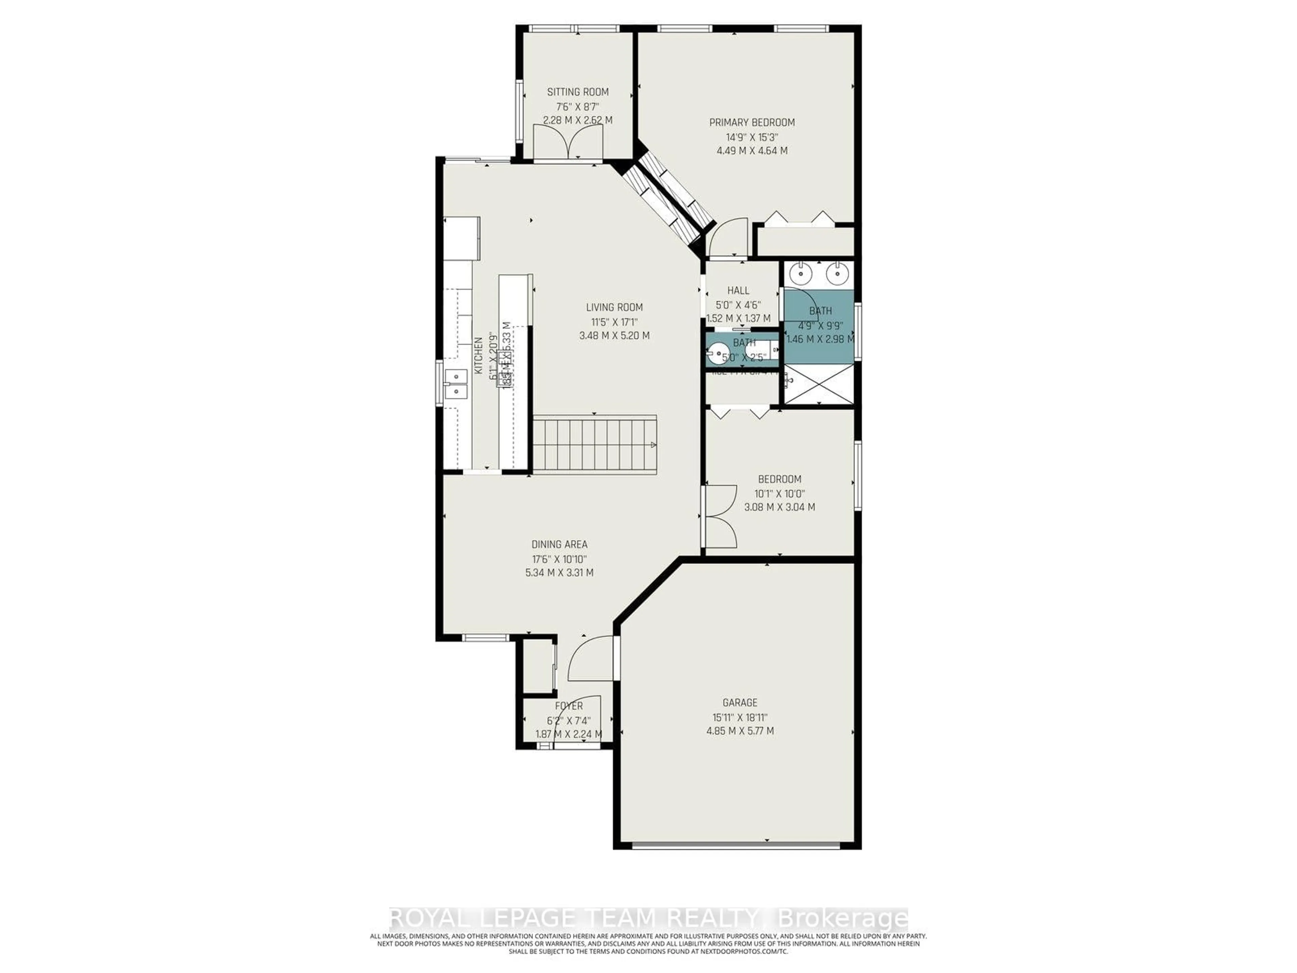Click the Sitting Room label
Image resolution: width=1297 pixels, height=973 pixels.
(x=578, y=92)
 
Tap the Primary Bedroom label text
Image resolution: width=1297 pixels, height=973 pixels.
(x=752, y=123)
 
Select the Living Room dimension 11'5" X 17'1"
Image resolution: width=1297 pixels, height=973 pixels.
(x=614, y=321)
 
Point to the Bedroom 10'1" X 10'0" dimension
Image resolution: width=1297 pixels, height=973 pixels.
(x=779, y=493)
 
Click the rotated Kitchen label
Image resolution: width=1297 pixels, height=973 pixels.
(x=478, y=355)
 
